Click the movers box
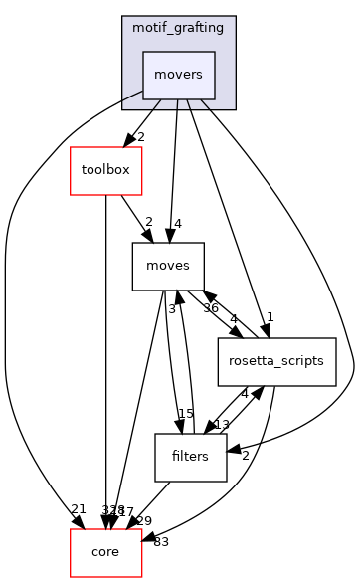[178, 75]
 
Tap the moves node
[168, 266]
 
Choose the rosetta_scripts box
[277, 361]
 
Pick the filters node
[191, 457]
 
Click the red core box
[105, 552]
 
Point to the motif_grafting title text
[178, 28]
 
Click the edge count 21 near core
[78, 509]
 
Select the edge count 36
[210, 307]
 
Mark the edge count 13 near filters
[223, 425]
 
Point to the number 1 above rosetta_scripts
[269, 318]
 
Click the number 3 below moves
[171, 308]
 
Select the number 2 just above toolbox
[141, 136]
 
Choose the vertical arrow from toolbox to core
[105, 358]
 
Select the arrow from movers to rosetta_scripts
[228, 219]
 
